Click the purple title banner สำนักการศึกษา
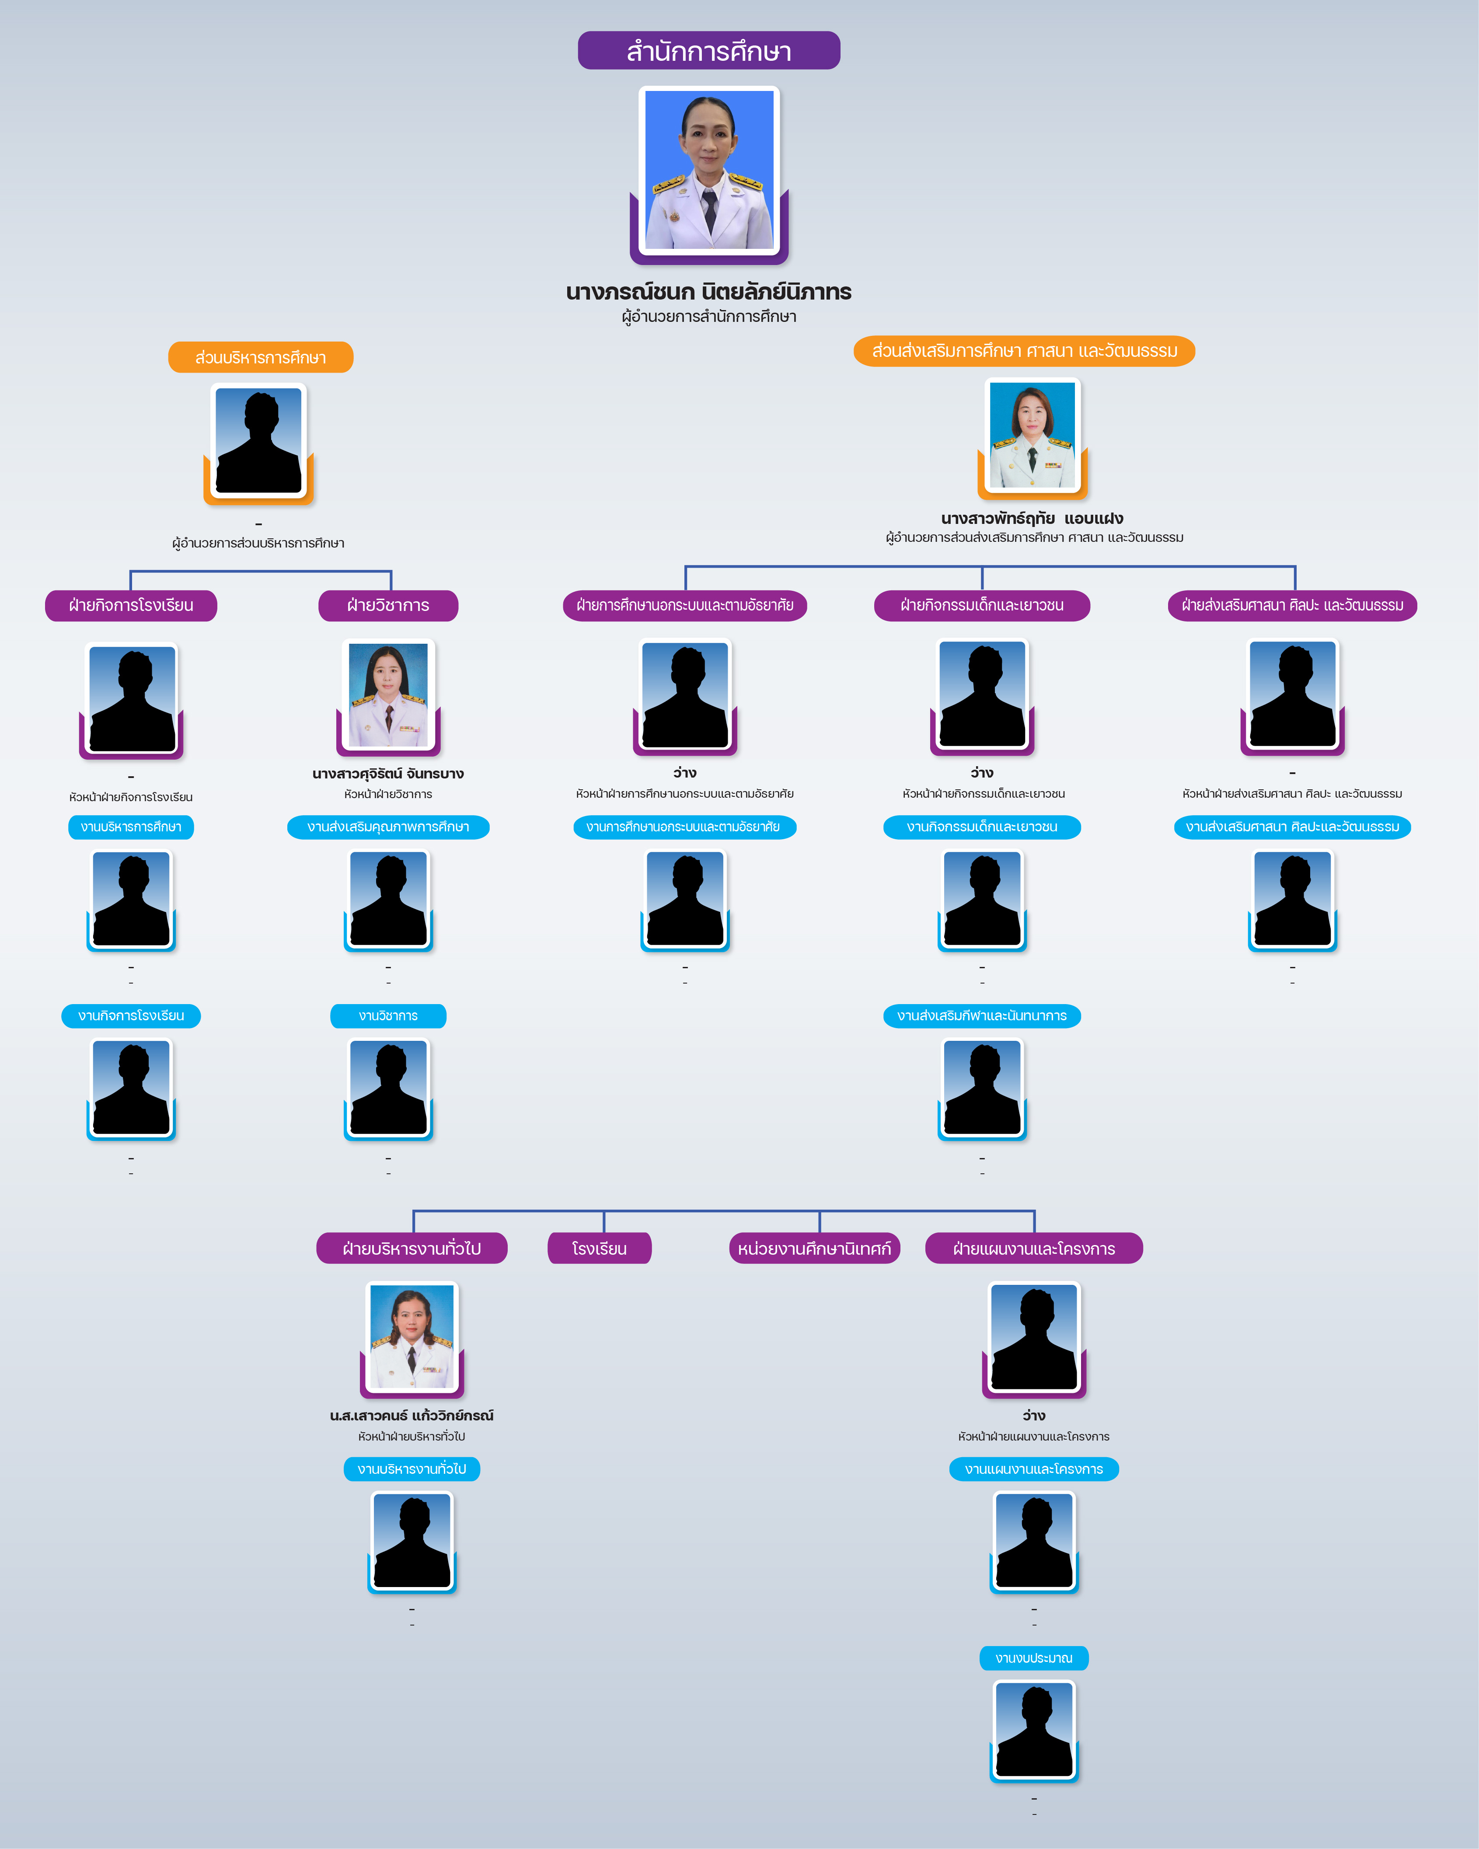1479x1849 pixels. tap(709, 51)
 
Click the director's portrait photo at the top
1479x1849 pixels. tap(709, 171)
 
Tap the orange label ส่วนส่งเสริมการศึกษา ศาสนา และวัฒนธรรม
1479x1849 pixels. tap(1025, 351)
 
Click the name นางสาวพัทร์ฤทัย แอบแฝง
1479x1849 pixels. tap(1033, 518)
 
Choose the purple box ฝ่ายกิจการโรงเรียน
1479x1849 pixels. tap(131, 605)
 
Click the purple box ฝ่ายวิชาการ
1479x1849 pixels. tap(388, 605)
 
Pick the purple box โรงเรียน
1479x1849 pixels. tap(599, 1249)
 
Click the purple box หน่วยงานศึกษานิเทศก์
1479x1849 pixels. tap(815, 1249)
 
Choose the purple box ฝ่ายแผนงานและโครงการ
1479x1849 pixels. tap(1034, 1249)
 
